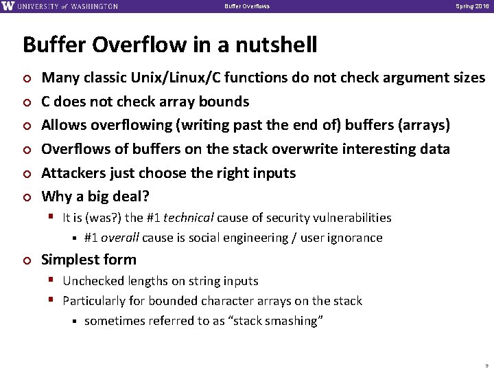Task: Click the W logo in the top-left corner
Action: pyautogui.click(x=8, y=6)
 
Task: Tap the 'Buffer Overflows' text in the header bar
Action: pyautogui.click(x=247, y=6)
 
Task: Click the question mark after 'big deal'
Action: pyautogui.click(x=145, y=196)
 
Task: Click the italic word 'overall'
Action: pyautogui.click(x=121, y=238)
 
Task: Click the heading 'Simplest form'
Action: pyautogui.click(x=89, y=260)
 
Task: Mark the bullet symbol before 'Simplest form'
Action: pyautogui.click(x=27, y=260)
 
